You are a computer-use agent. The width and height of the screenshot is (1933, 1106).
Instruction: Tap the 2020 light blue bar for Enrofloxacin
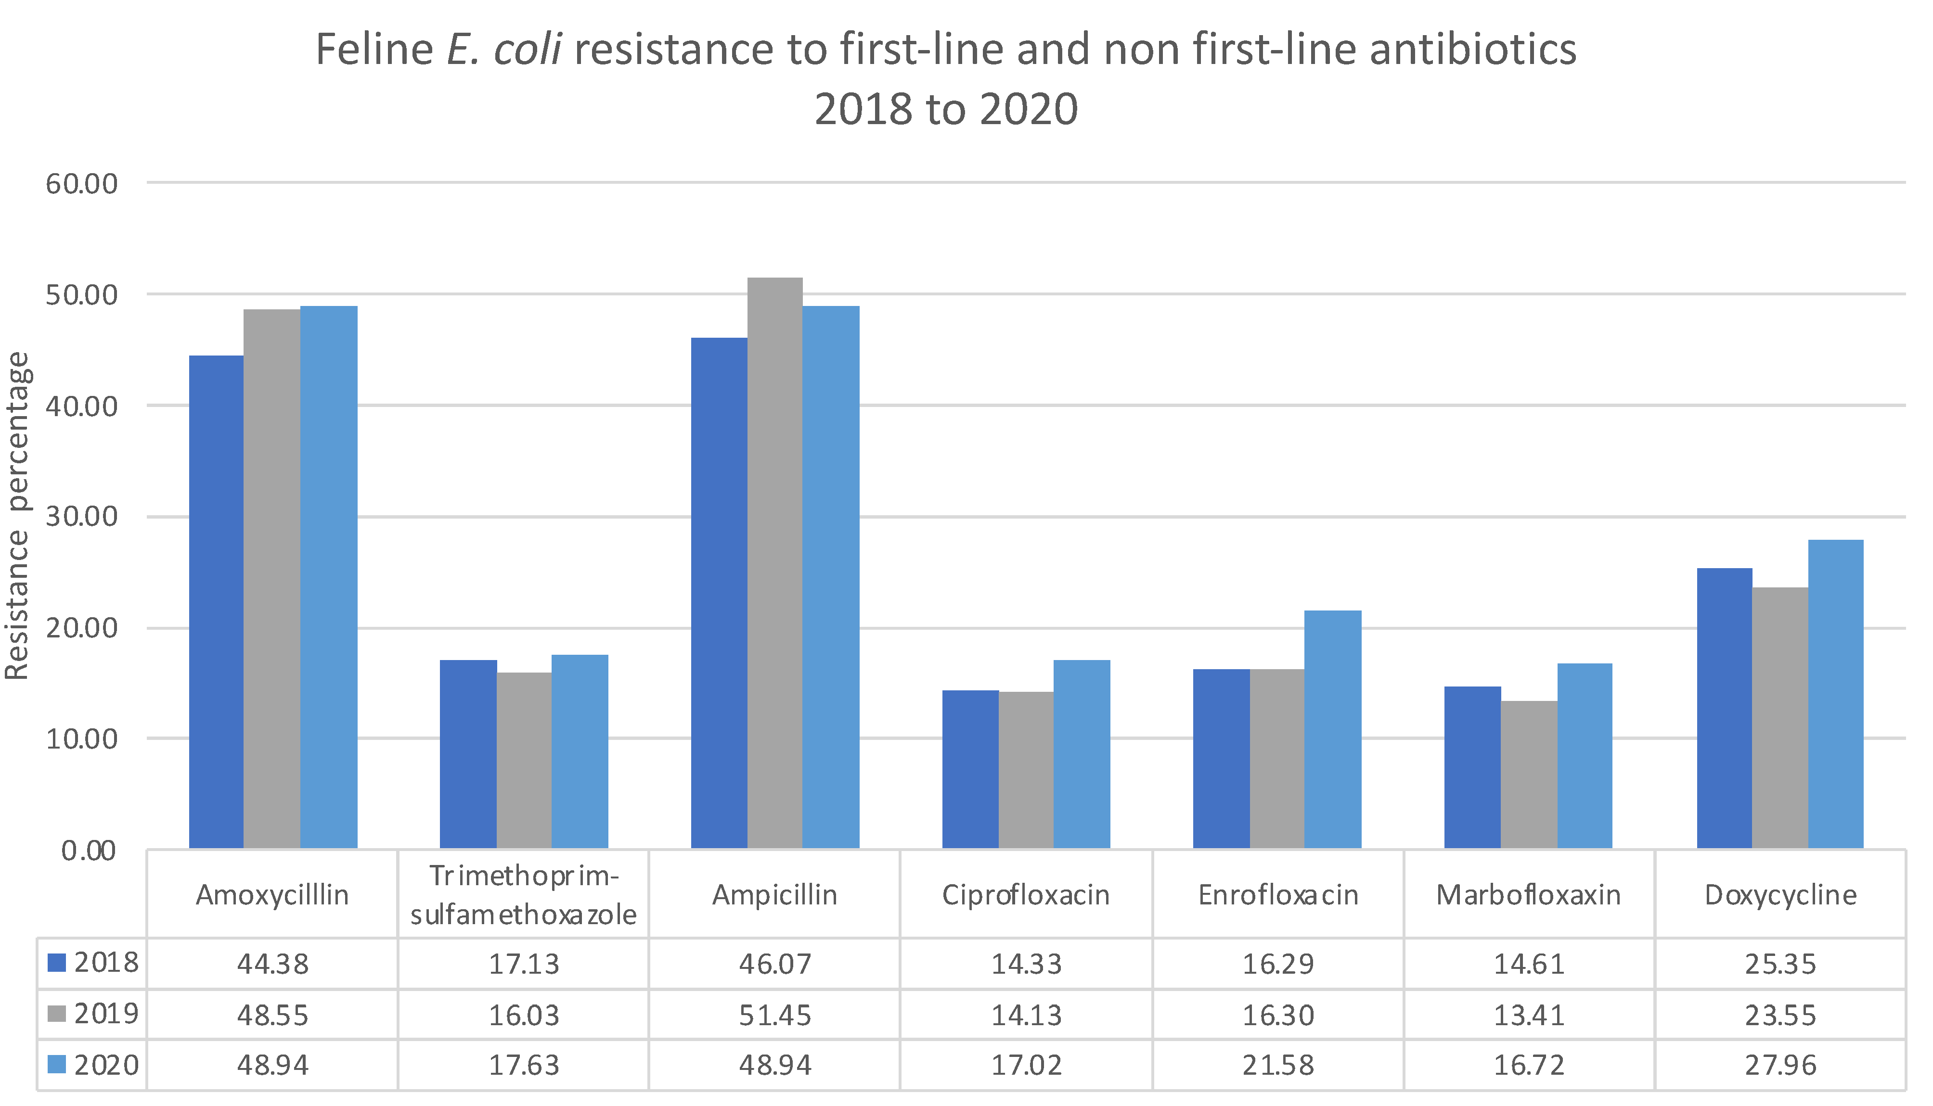[x=1333, y=729]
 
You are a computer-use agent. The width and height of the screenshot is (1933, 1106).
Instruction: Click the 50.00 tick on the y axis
[x=81, y=295]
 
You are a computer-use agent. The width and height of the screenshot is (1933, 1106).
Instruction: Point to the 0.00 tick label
[x=88, y=850]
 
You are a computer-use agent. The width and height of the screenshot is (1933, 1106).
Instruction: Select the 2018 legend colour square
[x=57, y=963]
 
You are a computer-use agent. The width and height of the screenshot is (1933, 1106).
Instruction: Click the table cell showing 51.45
[x=774, y=1015]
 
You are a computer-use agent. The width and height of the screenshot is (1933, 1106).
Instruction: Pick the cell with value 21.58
[x=1277, y=1065]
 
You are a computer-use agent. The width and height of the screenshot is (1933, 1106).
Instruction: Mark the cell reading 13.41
[x=1528, y=1015]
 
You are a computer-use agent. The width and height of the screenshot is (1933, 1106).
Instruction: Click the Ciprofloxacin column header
[x=1025, y=895]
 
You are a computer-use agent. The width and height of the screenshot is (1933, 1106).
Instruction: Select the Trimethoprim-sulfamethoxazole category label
[x=524, y=895]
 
